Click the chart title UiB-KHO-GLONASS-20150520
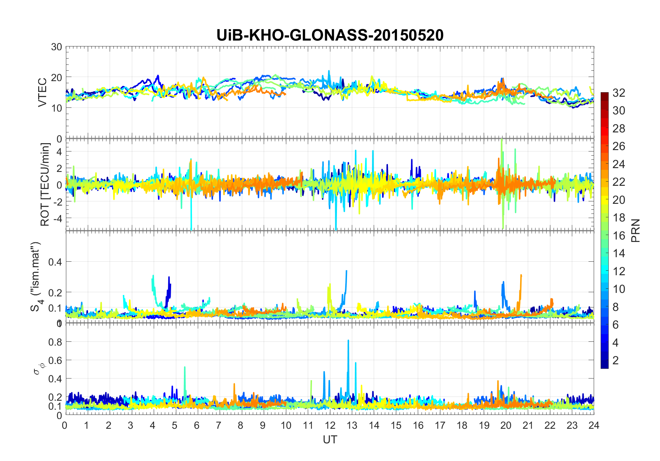330,35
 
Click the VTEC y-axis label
42,93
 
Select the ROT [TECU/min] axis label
45,184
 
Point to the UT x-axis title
330,440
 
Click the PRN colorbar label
636,230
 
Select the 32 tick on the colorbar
619,93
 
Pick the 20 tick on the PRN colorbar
619,200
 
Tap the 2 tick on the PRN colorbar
616,360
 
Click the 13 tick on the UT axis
352,425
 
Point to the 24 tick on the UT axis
594,425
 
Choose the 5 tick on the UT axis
175,425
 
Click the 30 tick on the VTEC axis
57,47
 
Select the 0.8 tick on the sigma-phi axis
56,342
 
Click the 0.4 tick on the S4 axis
56,262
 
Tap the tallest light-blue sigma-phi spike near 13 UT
348,341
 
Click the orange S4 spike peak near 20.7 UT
521,276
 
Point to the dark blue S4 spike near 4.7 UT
169,277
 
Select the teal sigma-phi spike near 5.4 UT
185,367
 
